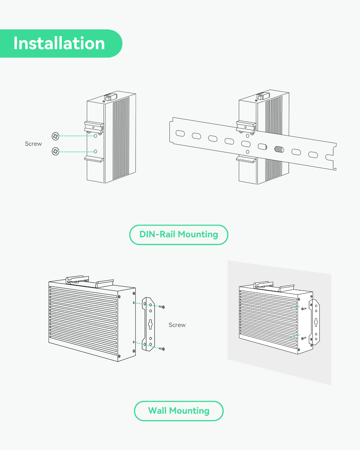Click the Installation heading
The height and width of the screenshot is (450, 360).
tap(59, 43)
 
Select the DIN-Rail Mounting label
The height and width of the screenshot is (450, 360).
tap(179, 234)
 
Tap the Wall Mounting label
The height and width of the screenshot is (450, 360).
tap(179, 411)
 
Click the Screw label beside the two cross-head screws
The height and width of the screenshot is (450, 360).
tap(33, 144)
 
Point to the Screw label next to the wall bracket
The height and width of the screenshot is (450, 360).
tap(177, 325)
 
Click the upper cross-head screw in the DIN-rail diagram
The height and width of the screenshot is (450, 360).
tap(55, 136)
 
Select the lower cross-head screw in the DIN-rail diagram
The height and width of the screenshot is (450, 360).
tap(55, 151)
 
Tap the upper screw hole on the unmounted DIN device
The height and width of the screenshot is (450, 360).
tap(95, 136)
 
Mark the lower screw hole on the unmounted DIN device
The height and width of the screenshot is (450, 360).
tap(95, 151)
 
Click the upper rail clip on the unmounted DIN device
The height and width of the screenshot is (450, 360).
tap(94, 126)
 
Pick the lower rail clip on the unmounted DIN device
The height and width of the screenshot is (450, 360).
tap(94, 159)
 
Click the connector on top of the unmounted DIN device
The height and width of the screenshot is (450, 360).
tap(110, 97)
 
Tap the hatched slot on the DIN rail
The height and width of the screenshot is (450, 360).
tap(279, 149)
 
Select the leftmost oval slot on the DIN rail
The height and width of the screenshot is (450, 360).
tap(180, 133)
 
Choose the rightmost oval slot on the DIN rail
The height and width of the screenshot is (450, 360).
tap(313, 155)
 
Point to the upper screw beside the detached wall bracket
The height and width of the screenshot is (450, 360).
tap(162, 307)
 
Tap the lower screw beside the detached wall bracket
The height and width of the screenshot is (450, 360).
tap(162, 349)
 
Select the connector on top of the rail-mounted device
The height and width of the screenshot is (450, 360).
tap(263, 96)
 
